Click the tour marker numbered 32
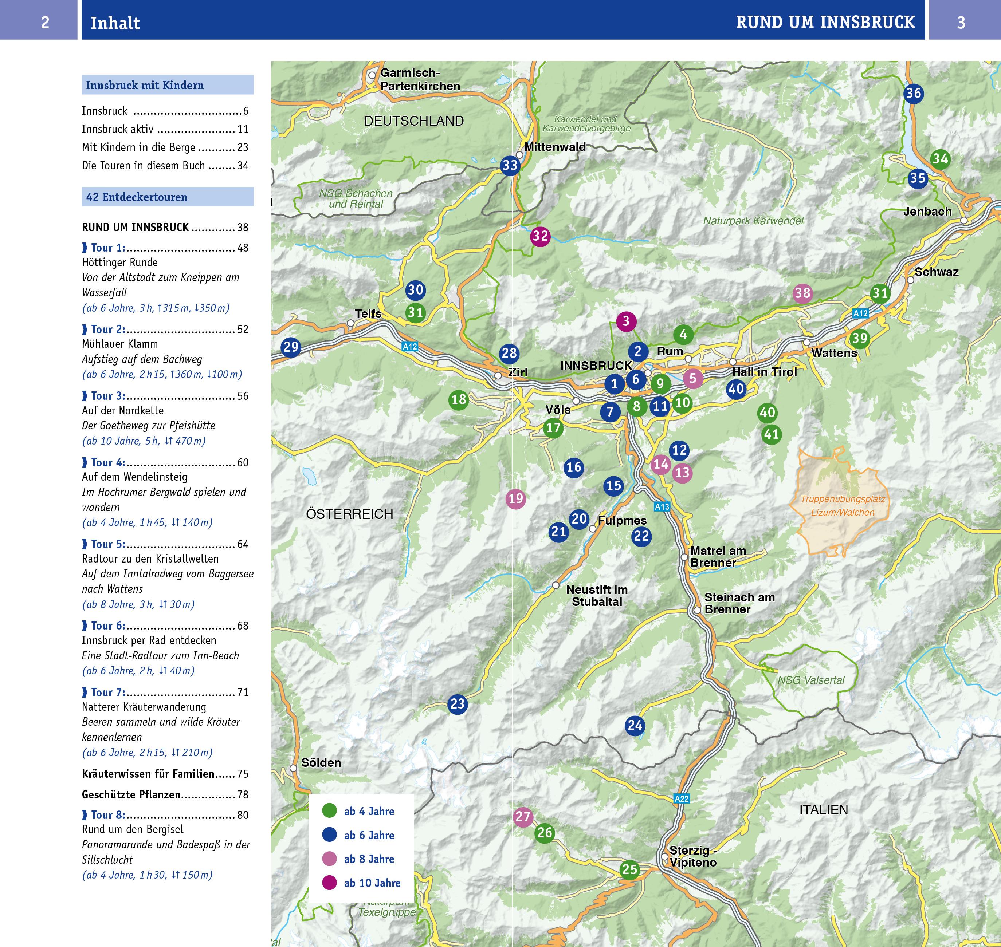point(540,236)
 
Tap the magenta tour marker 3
point(626,321)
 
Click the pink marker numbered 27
point(523,817)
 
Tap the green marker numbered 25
point(629,869)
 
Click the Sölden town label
point(321,763)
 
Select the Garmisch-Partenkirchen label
point(420,80)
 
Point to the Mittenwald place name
point(555,147)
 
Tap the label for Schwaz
point(937,272)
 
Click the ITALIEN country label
point(823,810)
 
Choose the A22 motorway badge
point(681,798)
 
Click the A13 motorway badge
point(662,507)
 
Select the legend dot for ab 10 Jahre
point(329,883)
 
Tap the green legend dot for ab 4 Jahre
point(329,811)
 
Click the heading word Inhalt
point(115,23)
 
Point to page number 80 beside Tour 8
point(243,815)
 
